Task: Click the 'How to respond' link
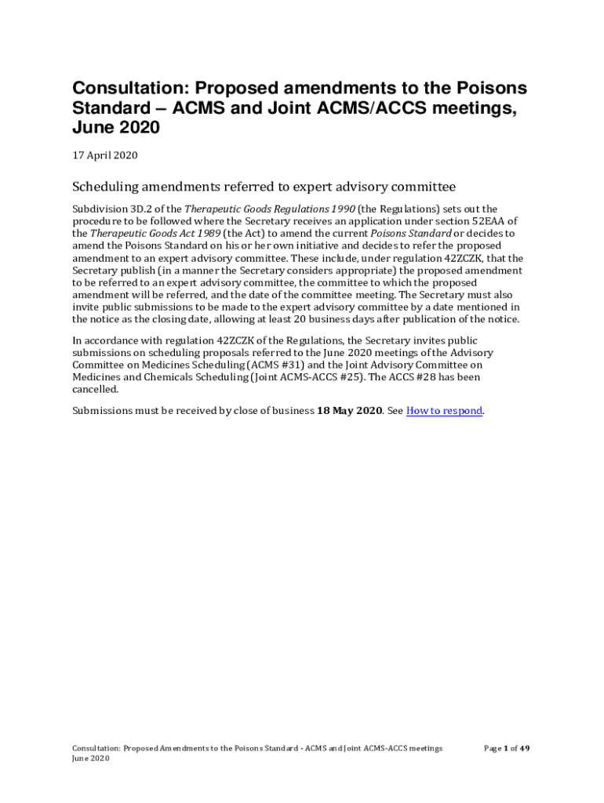(x=444, y=411)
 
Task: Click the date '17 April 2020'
(x=105, y=155)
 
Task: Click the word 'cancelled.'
(x=96, y=389)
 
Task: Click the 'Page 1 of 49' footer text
(x=507, y=748)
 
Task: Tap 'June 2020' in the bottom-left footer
(x=90, y=759)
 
